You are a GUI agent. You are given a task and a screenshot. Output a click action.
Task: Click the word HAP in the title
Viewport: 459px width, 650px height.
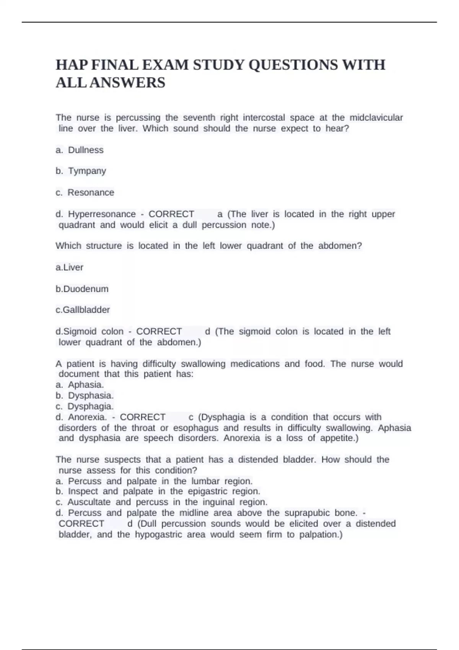coord(72,65)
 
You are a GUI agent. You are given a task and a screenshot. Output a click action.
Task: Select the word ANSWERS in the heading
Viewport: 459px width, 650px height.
coord(127,83)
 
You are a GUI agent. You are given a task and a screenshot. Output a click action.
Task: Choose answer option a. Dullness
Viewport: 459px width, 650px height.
coord(80,150)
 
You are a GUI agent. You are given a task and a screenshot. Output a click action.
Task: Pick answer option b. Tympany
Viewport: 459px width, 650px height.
coord(81,171)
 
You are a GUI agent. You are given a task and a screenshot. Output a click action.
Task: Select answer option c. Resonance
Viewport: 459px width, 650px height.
coord(85,192)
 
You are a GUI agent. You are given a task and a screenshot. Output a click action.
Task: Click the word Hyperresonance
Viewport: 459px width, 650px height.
coord(102,214)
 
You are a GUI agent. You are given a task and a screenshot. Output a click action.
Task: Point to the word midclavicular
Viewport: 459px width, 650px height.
coord(376,117)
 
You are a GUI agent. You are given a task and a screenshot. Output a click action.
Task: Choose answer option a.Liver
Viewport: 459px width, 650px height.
coord(69,267)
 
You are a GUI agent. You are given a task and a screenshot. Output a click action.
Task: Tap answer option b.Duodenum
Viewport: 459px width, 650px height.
coord(82,289)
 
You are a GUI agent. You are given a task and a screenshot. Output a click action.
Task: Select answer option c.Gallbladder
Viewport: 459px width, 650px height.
coord(83,310)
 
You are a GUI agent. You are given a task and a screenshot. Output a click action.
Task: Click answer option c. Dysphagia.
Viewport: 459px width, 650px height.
coord(85,406)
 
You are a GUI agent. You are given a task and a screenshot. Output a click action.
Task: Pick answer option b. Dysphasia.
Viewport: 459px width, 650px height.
coord(85,395)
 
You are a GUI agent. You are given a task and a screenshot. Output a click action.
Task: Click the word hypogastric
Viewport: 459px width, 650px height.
coord(158,534)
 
